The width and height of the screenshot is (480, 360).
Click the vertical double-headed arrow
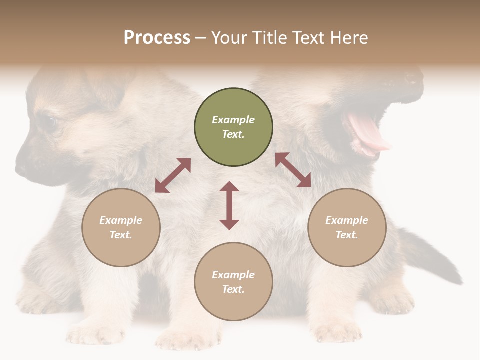click(x=229, y=205)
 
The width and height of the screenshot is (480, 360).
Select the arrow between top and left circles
click(x=173, y=175)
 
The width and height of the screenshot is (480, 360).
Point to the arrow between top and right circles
click(x=293, y=170)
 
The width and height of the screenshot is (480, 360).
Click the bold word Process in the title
click(x=157, y=38)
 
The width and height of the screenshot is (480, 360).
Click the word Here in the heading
click(x=348, y=38)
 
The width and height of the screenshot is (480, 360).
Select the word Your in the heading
click(x=229, y=38)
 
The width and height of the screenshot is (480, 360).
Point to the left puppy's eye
click(x=48, y=122)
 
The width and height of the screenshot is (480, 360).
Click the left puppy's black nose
click(x=21, y=168)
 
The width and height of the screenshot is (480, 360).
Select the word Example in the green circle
click(x=233, y=120)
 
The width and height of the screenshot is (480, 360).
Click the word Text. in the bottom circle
click(x=233, y=289)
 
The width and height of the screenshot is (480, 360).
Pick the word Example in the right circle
click(x=347, y=220)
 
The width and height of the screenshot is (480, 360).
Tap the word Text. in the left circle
click(x=121, y=235)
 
